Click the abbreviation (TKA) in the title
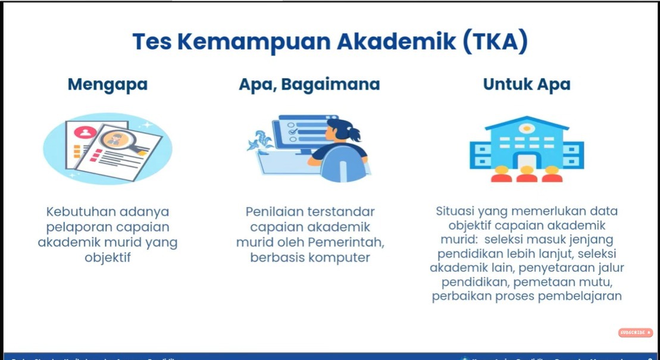click(x=493, y=42)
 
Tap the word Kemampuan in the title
click(x=255, y=42)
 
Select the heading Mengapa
click(x=108, y=84)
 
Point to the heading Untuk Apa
click(x=527, y=84)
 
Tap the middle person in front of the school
click(x=527, y=174)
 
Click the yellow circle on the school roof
click(x=527, y=128)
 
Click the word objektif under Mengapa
click(x=108, y=258)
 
